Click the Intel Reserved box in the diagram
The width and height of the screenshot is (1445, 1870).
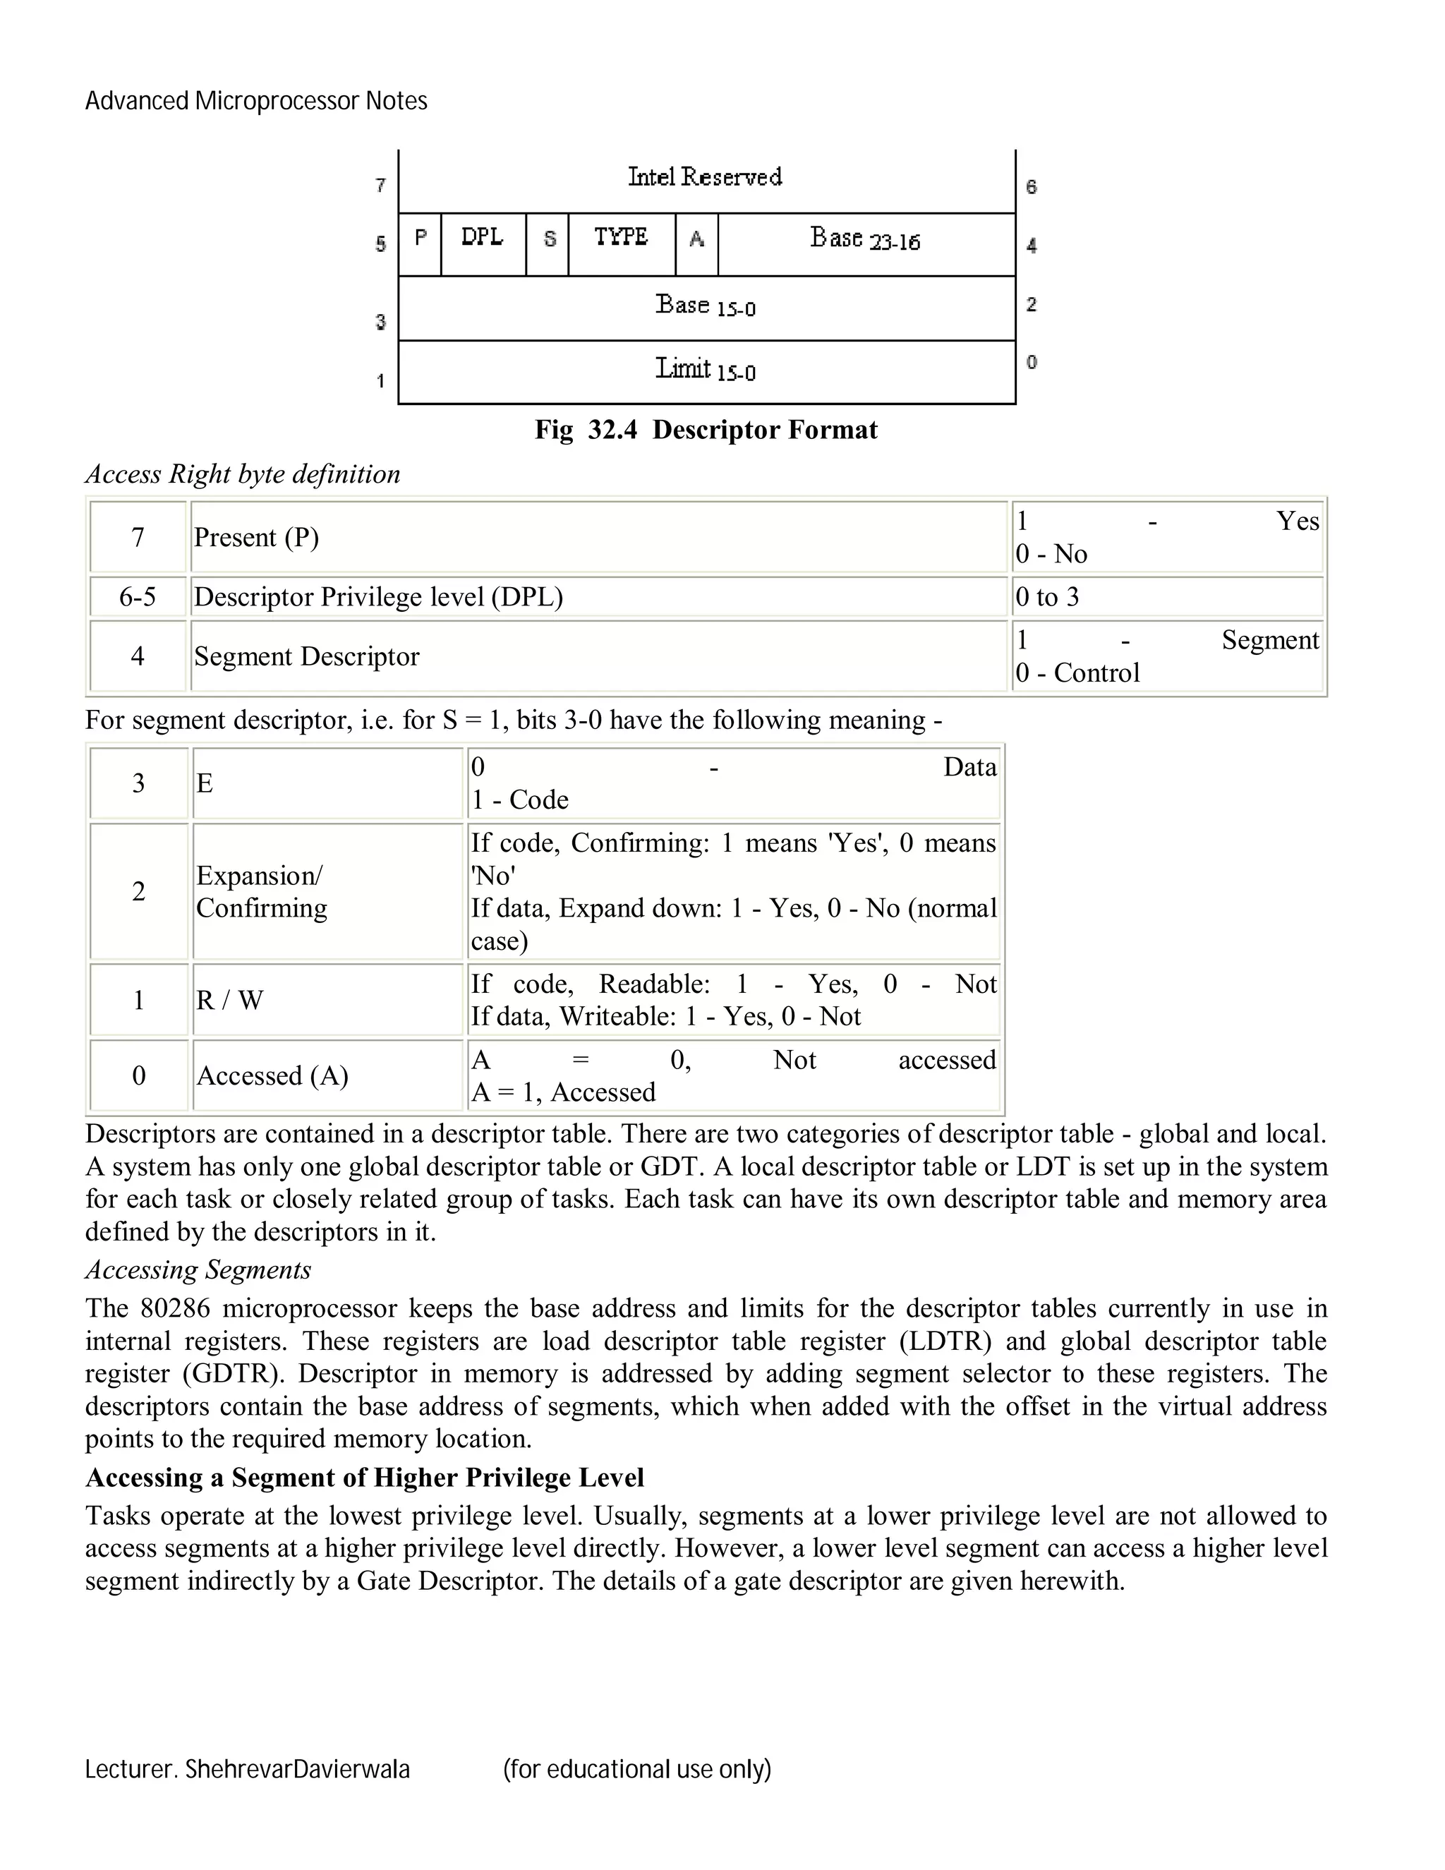(x=706, y=178)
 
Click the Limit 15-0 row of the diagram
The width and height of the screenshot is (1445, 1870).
(x=706, y=370)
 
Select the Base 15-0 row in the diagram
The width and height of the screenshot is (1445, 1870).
(x=706, y=306)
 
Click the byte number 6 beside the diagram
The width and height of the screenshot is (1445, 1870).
(x=1032, y=187)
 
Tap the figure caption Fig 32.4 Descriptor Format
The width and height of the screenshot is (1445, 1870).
(x=706, y=430)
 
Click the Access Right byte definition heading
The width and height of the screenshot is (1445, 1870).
(x=242, y=474)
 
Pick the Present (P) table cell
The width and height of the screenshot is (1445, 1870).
(x=257, y=538)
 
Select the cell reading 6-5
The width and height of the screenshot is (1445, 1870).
(x=138, y=597)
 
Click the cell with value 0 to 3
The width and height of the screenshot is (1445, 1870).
(x=1048, y=597)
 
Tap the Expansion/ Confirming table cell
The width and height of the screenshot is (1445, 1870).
(x=262, y=891)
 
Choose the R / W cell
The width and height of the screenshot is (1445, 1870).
(x=229, y=1000)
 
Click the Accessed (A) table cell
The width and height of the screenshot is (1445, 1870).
(x=272, y=1075)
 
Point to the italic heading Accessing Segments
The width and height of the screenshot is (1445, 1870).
(x=198, y=1269)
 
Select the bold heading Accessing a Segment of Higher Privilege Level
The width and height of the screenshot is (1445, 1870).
(x=365, y=1478)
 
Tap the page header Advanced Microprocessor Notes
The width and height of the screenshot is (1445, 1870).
(x=256, y=101)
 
